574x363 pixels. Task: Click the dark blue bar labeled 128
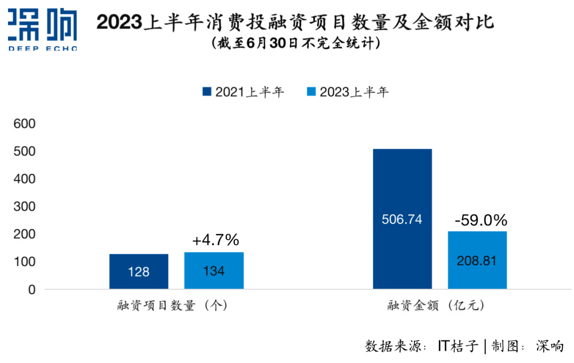pyautogui.click(x=139, y=271)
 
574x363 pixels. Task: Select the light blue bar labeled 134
pyautogui.click(x=214, y=270)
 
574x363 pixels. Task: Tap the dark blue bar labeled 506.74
pyautogui.click(x=402, y=219)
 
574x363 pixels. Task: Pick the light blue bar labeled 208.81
pyautogui.click(x=477, y=260)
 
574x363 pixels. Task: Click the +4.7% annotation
pyautogui.click(x=215, y=240)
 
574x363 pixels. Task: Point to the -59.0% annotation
pyautogui.click(x=480, y=220)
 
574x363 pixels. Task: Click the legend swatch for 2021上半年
pyautogui.click(x=207, y=92)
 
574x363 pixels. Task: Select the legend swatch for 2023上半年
pyautogui.click(x=311, y=92)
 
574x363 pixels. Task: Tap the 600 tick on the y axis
pyautogui.click(x=24, y=124)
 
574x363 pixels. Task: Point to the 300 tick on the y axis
pyautogui.click(x=24, y=206)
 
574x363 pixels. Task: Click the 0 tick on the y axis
pyautogui.click(x=31, y=290)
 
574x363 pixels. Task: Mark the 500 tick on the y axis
pyautogui.click(x=24, y=151)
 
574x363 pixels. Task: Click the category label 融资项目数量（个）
pyautogui.click(x=173, y=306)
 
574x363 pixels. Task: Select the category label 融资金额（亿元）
pyautogui.click(x=436, y=306)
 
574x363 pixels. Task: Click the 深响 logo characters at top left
pyautogui.click(x=43, y=24)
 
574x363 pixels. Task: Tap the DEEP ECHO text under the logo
pyautogui.click(x=43, y=48)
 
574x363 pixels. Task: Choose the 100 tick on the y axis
pyautogui.click(x=24, y=262)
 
